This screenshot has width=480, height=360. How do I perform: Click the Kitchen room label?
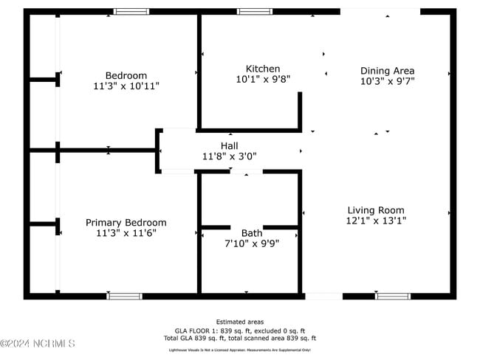click(x=263, y=69)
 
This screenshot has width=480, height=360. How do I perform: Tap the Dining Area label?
click(x=388, y=71)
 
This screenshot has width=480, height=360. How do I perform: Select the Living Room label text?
click(x=376, y=210)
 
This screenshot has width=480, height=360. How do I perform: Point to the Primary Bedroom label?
click(x=126, y=222)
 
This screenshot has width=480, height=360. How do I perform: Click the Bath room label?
click(x=251, y=233)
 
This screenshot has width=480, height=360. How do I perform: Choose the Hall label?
click(x=229, y=145)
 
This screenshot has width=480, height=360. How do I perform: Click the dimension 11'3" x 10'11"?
click(x=126, y=86)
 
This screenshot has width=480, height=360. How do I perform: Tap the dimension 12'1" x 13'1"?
click(x=376, y=220)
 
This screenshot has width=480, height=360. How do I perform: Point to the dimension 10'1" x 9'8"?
click(x=263, y=78)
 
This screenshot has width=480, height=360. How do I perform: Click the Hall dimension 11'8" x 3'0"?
click(x=229, y=156)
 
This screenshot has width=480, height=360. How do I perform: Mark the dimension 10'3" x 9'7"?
click(x=388, y=81)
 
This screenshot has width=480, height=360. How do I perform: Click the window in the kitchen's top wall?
click(x=254, y=12)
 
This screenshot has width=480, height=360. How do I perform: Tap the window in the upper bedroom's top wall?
click(x=131, y=12)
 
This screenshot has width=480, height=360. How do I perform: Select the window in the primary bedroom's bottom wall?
click(x=125, y=296)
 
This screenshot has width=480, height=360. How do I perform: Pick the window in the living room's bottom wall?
click(x=393, y=296)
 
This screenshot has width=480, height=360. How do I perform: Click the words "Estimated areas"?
click(x=240, y=322)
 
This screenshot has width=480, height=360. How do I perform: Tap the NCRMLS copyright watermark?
click(x=38, y=344)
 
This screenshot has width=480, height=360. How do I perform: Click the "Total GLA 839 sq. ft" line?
click(x=240, y=339)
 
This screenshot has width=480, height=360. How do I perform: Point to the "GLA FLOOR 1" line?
click(x=240, y=331)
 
